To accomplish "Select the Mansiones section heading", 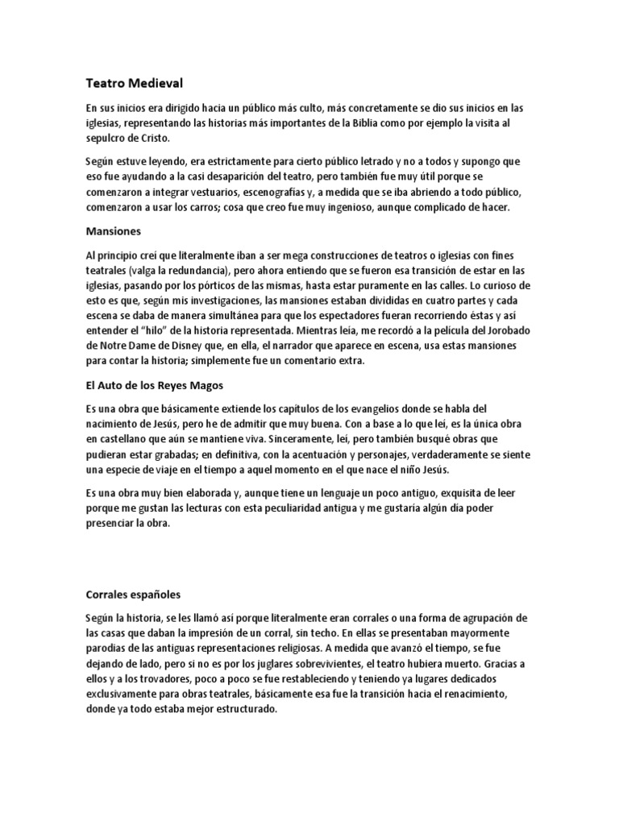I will coord(114,231).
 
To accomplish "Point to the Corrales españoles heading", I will coord(133,595).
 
